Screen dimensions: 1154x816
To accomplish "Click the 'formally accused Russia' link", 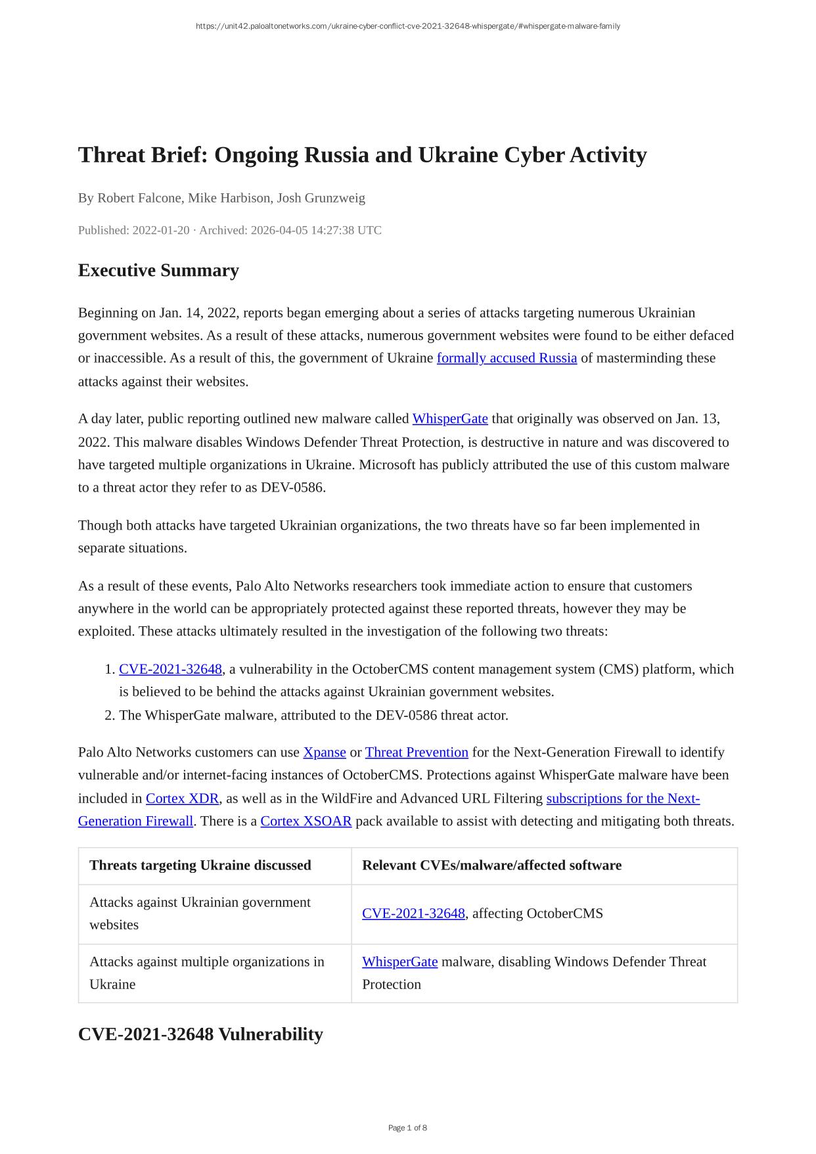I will (507, 358).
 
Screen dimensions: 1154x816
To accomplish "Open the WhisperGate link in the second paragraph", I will (450, 419).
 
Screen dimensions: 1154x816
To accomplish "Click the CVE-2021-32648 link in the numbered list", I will (170, 669).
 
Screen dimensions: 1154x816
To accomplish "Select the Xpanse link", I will (325, 752).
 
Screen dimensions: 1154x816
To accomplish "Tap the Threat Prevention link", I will (417, 752).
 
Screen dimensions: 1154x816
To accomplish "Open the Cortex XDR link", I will (182, 798).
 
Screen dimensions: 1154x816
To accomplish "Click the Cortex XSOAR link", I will (306, 821).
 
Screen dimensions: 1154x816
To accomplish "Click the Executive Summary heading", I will (158, 270).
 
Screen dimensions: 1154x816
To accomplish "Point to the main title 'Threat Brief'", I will (362, 155).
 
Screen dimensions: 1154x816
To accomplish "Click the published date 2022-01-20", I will (161, 230).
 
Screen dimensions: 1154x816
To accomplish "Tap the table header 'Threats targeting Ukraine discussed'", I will (200, 865).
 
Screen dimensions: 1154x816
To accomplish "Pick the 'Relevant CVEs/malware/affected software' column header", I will (491, 865).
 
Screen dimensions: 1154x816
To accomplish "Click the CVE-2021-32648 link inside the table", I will (413, 913).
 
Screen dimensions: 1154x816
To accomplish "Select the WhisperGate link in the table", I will (399, 961).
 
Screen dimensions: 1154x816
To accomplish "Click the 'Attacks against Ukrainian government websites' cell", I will (200, 913).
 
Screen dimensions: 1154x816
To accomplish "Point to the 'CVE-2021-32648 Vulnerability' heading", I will (200, 1034).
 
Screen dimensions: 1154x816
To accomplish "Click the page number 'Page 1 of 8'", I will (407, 1128).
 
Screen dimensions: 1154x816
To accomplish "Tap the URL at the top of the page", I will (407, 26).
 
